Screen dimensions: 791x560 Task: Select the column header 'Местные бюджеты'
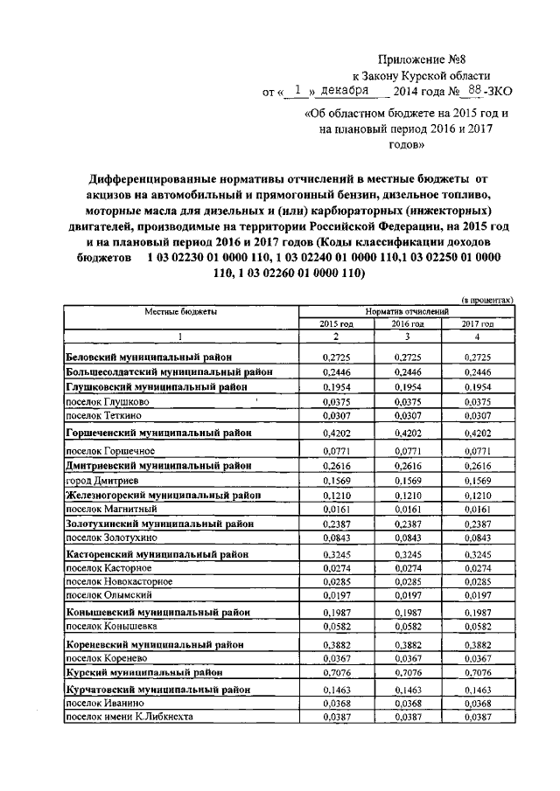coord(181,310)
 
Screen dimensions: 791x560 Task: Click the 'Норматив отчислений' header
coord(407,310)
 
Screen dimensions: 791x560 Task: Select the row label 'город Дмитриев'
coord(101,481)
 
